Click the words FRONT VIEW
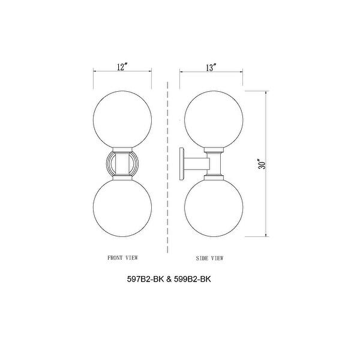click(x=122, y=257)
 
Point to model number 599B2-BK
click(x=192, y=279)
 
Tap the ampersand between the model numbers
click(x=165, y=279)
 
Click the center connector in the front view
click(x=122, y=163)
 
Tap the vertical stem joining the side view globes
click(x=214, y=163)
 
